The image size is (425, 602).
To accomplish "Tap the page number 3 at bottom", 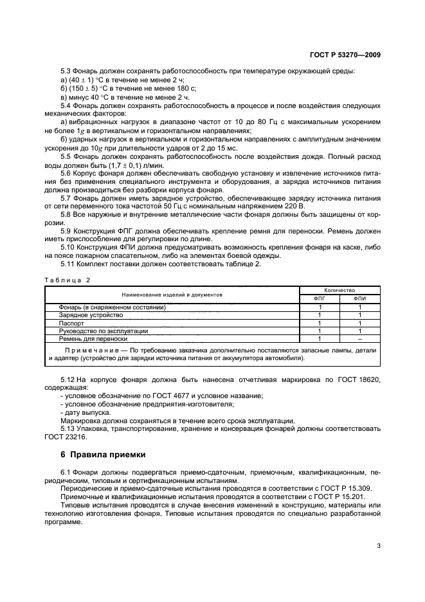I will coord(379,547).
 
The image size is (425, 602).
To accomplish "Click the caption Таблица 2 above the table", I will coord(68,279).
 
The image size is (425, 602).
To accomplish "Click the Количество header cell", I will coord(339,291).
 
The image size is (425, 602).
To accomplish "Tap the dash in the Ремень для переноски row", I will coord(359,338).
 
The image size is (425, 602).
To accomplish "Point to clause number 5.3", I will coord(66,70).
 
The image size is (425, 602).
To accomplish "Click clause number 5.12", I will coord(68,379).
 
